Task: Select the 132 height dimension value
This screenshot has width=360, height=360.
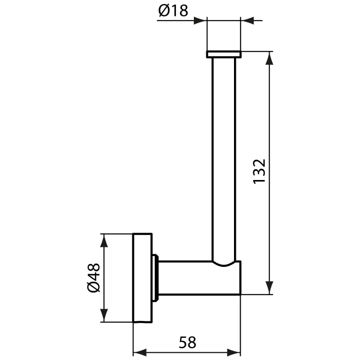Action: [259, 171]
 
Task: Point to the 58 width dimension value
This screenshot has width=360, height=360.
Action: [187, 341]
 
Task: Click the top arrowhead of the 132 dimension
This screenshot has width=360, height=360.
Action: [268, 57]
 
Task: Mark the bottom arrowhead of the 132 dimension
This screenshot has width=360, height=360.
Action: [268, 289]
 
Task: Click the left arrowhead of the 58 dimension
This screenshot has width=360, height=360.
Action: [139, 353]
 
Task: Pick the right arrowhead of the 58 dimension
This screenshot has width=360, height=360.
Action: [235, 353]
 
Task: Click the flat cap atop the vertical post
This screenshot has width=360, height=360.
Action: [224, 54]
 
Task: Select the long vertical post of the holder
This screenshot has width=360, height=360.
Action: [224, 154]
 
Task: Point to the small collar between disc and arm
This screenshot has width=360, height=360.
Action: [155, 278]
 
